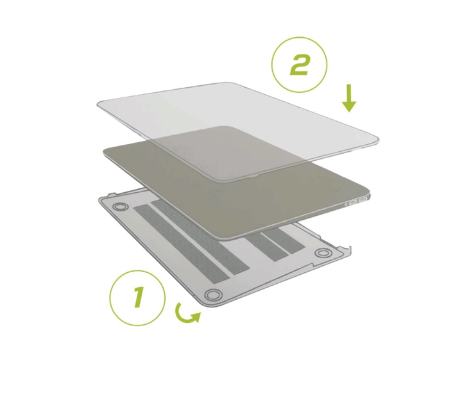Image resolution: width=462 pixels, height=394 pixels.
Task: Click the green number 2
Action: pos(300,65)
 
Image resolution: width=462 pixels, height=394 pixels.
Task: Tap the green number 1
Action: pos(138,297)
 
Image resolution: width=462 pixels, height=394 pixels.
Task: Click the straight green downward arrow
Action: pos(349,98)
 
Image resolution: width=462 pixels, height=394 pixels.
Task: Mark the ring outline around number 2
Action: pos(271,65)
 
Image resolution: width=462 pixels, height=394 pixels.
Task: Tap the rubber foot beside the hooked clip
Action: pos(323,253)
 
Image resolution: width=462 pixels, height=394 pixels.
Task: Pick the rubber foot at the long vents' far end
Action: pos(120,206)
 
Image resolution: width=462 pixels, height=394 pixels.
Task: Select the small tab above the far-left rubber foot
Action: pos(112,195)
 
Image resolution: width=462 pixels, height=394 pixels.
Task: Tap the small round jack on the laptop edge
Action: pos(346,204)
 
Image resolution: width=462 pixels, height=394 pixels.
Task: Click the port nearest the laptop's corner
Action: pos(363,200)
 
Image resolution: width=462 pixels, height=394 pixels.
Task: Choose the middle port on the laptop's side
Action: pos(353,202)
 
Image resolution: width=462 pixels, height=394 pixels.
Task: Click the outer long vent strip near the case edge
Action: pos(181,244)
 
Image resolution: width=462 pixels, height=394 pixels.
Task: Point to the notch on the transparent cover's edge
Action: pos(253,177)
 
